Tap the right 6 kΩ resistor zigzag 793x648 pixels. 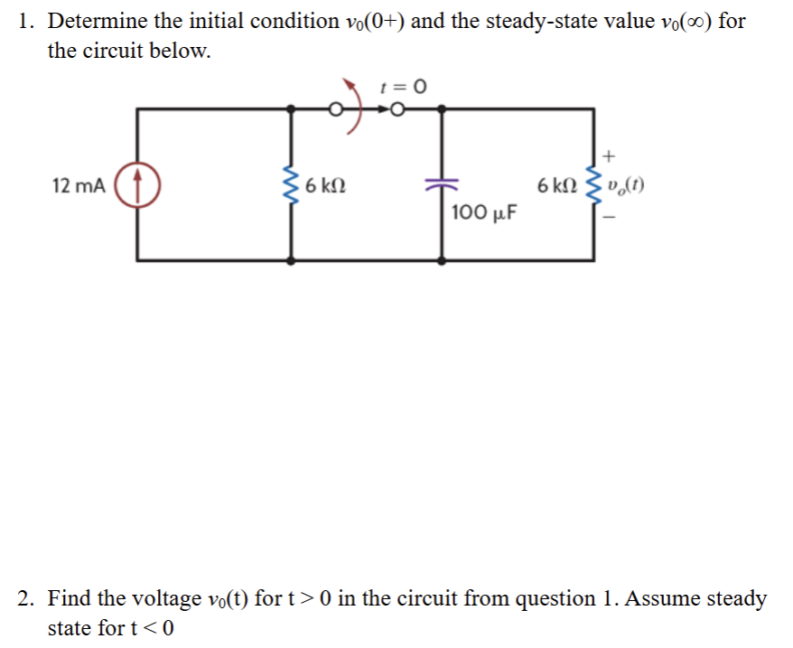pyautogui.click(x=593, y=186)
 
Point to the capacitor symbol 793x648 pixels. pyautogui.click(x=441, y=185)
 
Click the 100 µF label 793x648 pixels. pyautogui.click(x=483, y=215)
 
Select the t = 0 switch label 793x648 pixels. pyautogui.click(x=403, y=87)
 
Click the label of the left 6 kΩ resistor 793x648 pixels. pyautogui.click(x=322, y=187)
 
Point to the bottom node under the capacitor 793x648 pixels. pyautogui.click(x=441, y=260)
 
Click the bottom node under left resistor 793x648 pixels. pyautogui.click(x=291, y=260)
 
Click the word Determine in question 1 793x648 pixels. pyautogui.click(x=91, y=21)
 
